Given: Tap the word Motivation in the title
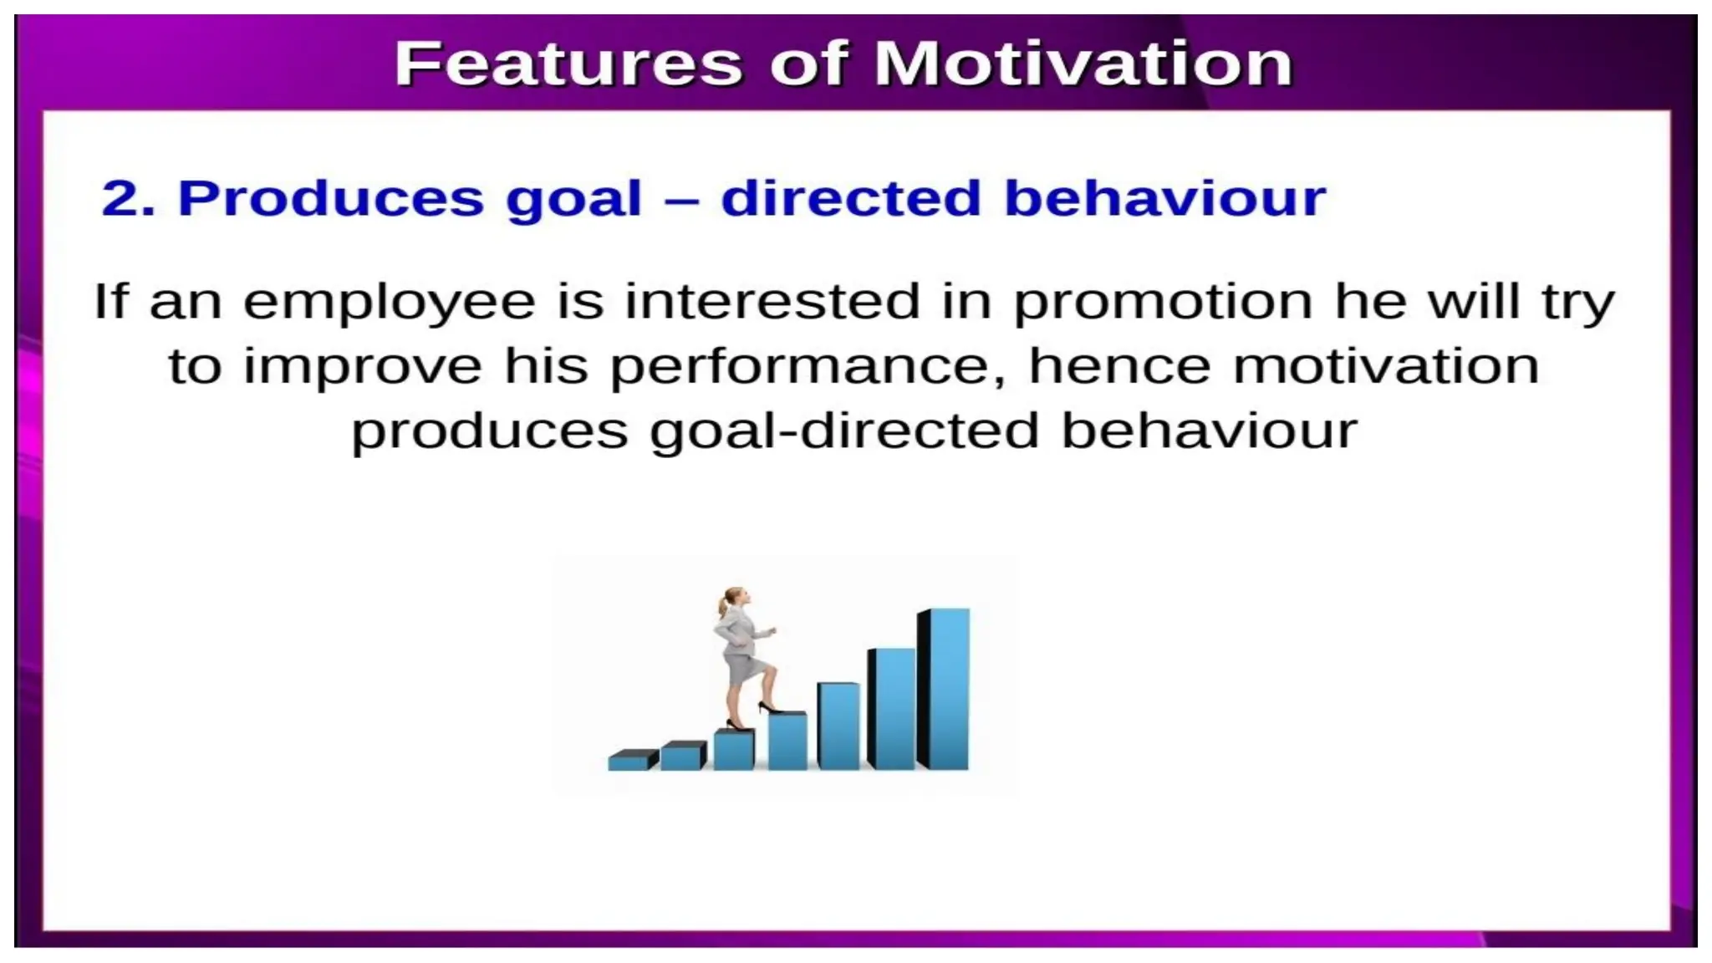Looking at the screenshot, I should point(1083,64).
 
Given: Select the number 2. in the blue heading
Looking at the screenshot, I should point(128,199).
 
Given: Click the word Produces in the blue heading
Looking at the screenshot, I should point(331,199).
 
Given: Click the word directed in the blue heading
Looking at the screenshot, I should point(850,199).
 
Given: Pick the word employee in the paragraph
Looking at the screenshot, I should point(390,303).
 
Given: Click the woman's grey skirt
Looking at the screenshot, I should point(743,669).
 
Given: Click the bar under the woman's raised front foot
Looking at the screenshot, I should point(787,741).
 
